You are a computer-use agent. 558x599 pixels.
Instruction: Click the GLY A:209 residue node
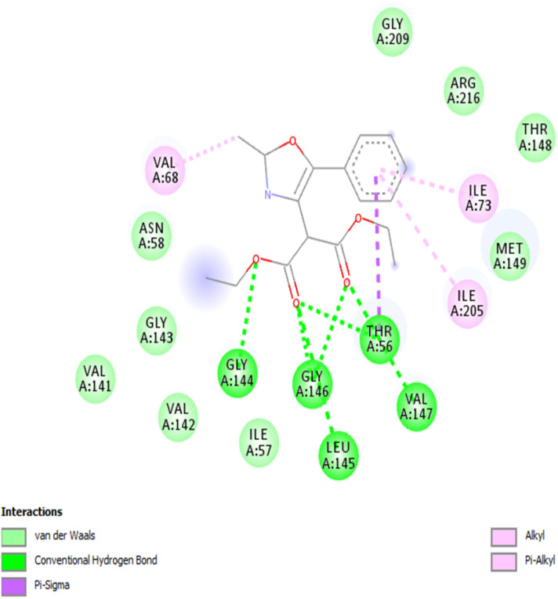[x=393, y=30]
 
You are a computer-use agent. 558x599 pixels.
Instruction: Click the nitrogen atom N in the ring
[x=268, y=195]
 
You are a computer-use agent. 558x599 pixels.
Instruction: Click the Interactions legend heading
[x=31, y=512]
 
